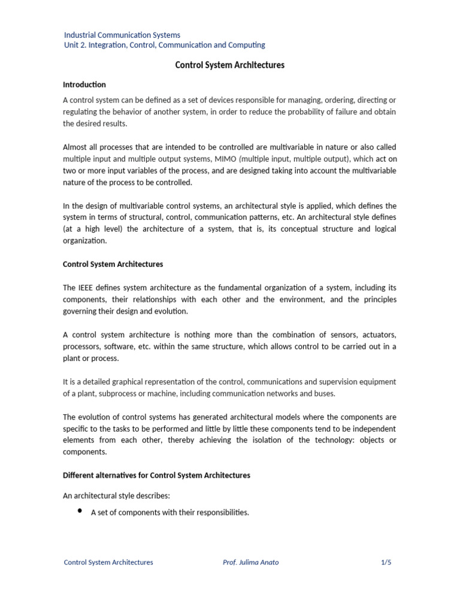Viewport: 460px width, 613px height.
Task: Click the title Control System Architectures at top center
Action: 229,65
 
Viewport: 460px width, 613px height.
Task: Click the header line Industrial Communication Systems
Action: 122,35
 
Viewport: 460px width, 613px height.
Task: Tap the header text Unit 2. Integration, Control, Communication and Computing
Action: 164,45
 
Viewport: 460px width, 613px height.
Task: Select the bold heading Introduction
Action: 84,84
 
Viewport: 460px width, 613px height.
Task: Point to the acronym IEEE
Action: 87,287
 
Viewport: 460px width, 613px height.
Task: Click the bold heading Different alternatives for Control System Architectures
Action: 156,475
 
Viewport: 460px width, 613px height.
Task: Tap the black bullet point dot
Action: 80,510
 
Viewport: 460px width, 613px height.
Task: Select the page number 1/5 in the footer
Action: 386,562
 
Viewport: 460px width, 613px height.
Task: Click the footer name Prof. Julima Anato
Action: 250,562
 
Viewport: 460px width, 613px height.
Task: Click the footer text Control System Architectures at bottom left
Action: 108,562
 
